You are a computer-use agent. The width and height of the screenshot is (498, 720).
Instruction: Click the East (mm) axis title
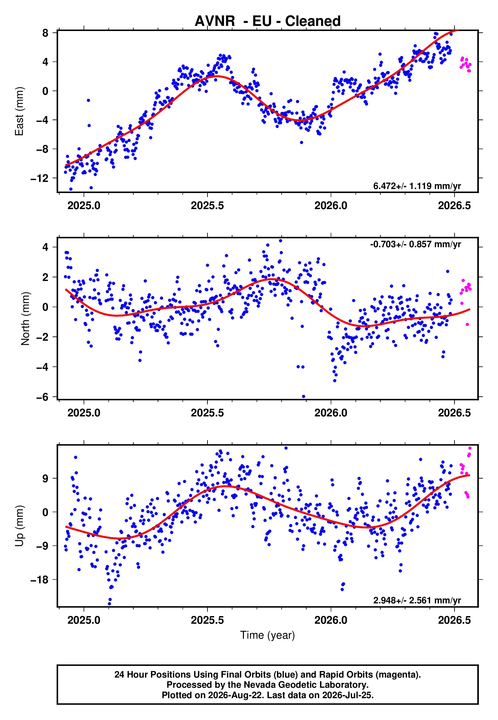(19, 111)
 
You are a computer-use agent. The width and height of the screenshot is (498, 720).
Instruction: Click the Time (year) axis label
(268, 635)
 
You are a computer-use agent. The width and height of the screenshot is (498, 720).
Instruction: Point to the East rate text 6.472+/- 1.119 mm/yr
(417, 186)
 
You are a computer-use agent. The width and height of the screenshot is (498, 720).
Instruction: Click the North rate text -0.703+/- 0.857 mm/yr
(415, 244)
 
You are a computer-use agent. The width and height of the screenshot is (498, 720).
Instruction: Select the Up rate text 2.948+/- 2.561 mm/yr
(417, 600)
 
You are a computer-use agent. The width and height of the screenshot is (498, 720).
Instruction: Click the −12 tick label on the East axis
(39, 178)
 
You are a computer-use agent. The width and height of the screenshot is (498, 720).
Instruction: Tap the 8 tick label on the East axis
(45, 33)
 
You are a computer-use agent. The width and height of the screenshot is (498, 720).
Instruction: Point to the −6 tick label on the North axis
(42, 397)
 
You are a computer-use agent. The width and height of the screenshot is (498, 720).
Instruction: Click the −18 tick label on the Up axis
(39, 580)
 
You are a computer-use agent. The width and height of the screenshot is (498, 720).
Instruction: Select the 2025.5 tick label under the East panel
(207, 206)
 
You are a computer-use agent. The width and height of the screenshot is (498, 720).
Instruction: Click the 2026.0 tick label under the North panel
(331, 413)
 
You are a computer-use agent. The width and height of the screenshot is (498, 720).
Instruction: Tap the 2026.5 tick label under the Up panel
(454, 620)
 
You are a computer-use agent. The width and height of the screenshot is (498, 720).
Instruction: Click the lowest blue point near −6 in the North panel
(304, 397)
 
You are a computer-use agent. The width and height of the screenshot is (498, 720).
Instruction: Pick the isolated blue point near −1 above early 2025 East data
(88, 100)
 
